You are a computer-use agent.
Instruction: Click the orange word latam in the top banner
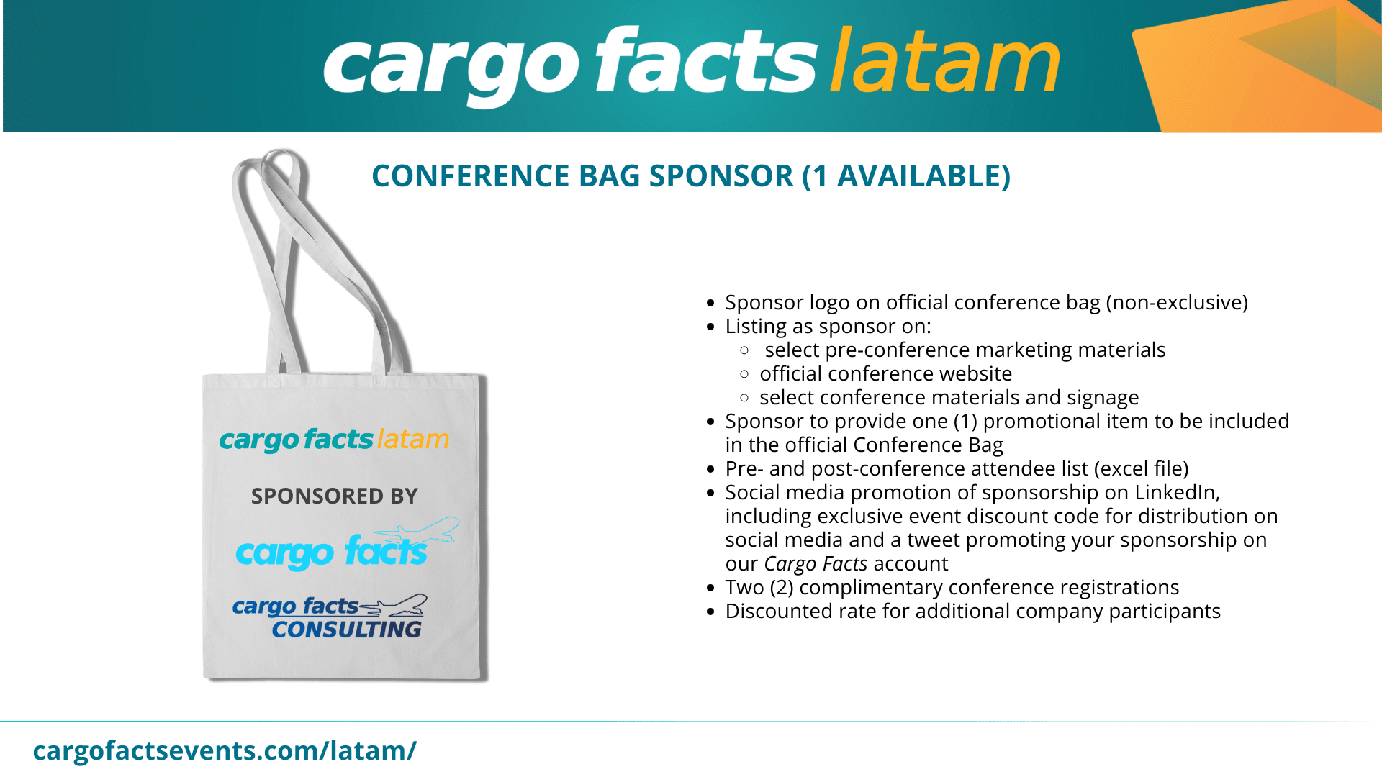[x=944, y=61]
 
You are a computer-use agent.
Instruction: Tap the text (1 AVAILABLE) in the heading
[x=906, y=176]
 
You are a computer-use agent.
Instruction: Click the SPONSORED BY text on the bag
[x=334, y=496]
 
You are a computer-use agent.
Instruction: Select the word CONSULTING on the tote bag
[x=347, y=630]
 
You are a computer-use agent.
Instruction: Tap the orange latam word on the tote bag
[x=413, y=439]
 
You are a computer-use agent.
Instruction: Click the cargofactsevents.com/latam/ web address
[x=225, y=750]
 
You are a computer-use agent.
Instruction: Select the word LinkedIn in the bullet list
[x=1177, y=492]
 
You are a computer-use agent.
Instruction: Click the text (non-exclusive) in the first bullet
[x=1177, y=303]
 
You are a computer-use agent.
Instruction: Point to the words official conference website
[x=886, y=374]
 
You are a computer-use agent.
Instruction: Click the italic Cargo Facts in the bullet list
[x=816, y=563]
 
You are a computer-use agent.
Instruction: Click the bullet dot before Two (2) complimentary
[x=711, y=589]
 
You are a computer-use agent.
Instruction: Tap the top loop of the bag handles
[x=281, y=154]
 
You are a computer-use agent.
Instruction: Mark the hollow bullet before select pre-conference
[x=745, y=350]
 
